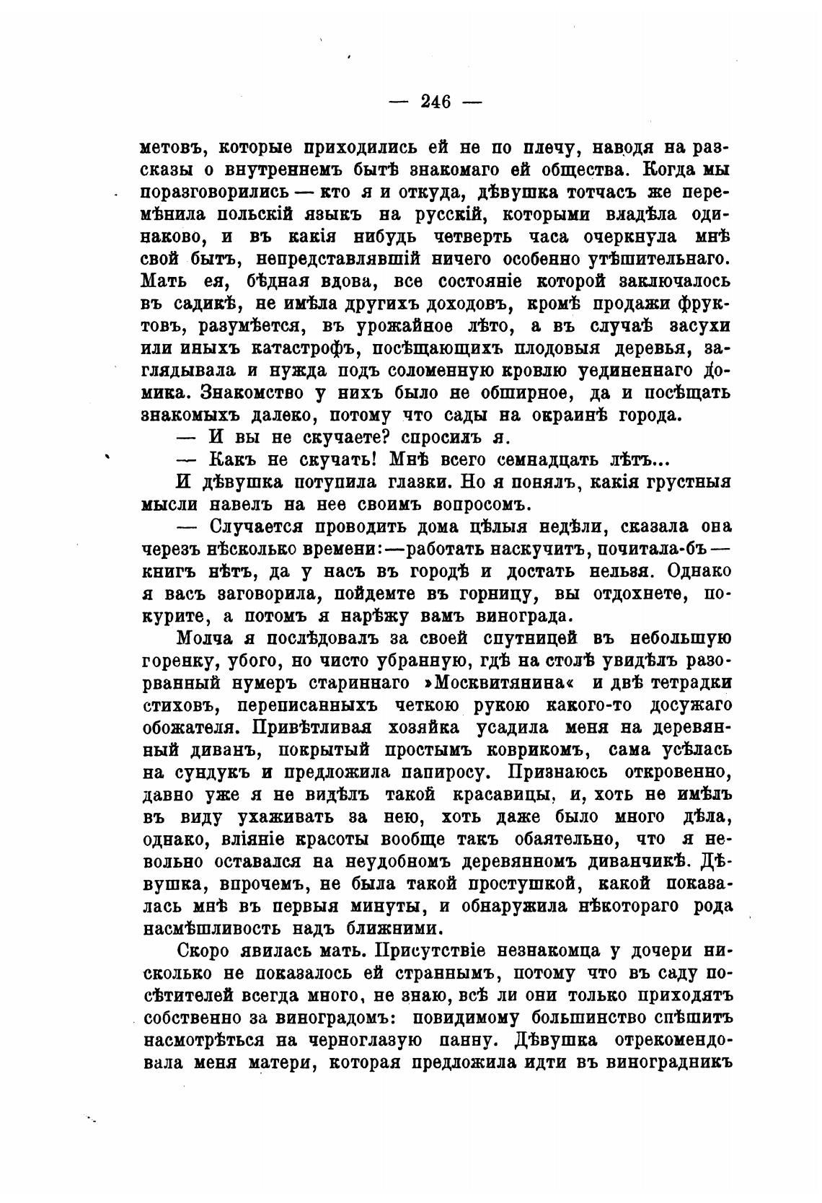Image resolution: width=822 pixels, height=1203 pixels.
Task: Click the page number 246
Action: pyautogui.click(x=436, y=102)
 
